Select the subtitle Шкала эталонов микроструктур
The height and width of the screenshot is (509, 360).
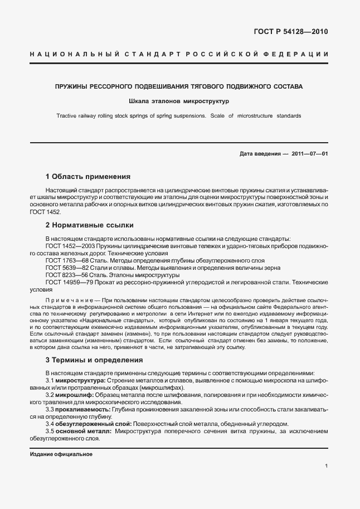point(179,101)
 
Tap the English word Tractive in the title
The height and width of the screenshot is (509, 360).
point(69,116)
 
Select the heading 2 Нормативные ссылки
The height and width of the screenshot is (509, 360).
point(89,225)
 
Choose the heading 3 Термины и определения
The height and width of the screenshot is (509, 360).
point(94,360)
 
